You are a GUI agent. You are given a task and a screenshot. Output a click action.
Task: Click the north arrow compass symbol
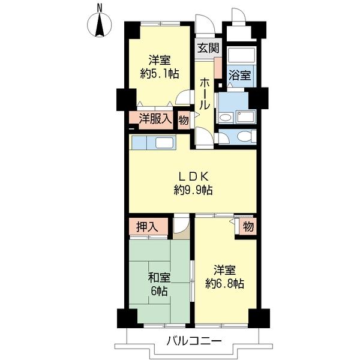pyautogui.click(x=100, y=25)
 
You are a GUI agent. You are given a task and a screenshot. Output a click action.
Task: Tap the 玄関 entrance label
pyautogui.click(x=208, y=48)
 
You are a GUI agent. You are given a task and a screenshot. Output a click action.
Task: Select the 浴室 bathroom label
pyautogui.click(x=239, y=76)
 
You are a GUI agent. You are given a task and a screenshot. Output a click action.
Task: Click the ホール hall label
pyautogui.click(x=204, y=94)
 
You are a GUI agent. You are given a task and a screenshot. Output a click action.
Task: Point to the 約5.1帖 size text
pyautogui.click(x=160, y=74)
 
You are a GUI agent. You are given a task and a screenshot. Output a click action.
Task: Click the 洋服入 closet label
pyautogui.click(x=155, y=119)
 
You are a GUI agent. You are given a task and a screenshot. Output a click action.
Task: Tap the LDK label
pyautogui.click(x=193, y=176)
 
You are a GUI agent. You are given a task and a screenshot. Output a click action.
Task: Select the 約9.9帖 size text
pyautogui.click(x=193, y=190)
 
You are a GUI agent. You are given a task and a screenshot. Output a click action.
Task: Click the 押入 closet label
pyautogui.click(x=147, y=227)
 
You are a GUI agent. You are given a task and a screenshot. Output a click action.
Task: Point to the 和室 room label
pyautogui.click(x=159, y=278)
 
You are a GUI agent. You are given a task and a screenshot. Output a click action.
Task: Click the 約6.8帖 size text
pyautogui.click(x=224, y=284)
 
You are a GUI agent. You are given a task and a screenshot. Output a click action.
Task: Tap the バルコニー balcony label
pyautogui.click(x=194, y=340)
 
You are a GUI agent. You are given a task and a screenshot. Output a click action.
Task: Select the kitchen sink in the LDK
pyautogui.click(x=166, y=143)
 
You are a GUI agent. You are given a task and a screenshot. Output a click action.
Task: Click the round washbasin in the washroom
pyautogui.click(x=226, y=118)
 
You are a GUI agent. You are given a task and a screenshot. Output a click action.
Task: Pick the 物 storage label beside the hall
pyautogui.click(x=184, y=120)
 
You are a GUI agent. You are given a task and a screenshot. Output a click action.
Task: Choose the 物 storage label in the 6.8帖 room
pyautogui.click(x=248, y=227)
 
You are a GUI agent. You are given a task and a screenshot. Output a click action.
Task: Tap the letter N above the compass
pyautogui.click(x=100, y=8)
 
